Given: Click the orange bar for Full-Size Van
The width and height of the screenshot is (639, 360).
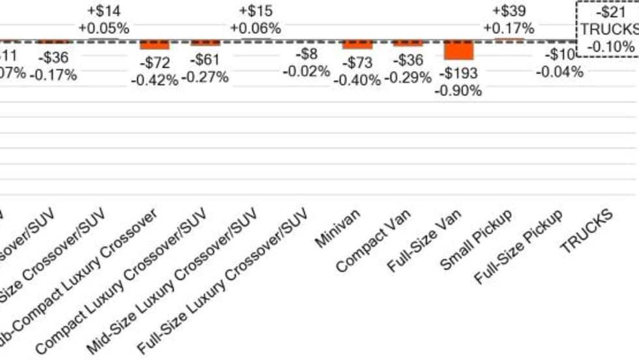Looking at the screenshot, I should click(458, 50).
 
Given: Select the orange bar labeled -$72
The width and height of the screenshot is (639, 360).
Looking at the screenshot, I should click(155, 46).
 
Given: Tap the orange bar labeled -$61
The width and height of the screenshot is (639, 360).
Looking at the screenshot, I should click(205, 44).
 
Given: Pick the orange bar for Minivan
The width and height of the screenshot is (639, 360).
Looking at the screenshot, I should click(357, 45).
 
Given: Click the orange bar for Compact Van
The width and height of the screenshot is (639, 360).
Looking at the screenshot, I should click(408, 44).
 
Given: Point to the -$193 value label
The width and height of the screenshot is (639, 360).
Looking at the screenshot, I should click(459, 72).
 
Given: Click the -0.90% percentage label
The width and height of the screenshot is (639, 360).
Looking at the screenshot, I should click(459, 90).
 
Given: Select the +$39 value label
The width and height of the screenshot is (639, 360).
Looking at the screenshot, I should click(509, 11).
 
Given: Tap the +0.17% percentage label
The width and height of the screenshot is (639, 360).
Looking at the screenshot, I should click(509, 28).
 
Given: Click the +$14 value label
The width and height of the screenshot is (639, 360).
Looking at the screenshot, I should click(103, 11).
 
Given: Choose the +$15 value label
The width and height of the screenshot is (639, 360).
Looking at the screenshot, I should click(256, 11).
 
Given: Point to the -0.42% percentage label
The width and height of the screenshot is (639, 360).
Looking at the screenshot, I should click(155, 80).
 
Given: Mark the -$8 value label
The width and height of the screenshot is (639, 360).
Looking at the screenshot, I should click(306, 54).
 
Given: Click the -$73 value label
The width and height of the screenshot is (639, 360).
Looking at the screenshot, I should click(357, 63).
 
